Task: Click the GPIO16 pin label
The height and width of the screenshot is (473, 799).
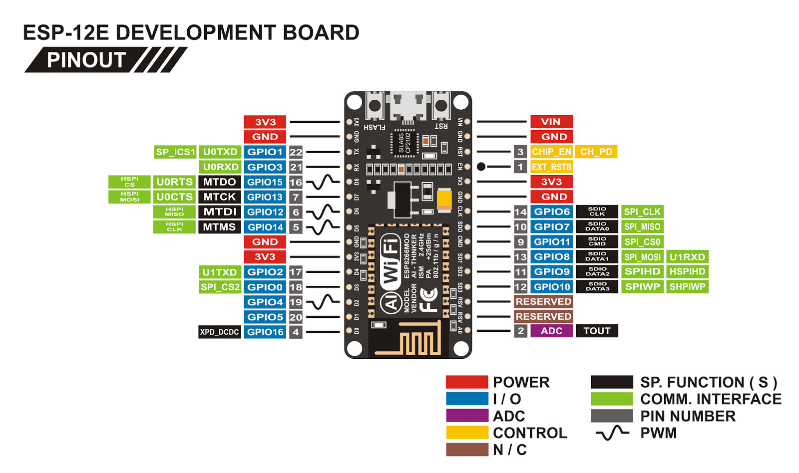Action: (x=265, y=332)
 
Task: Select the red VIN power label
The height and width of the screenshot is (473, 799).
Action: (x=551, y=122)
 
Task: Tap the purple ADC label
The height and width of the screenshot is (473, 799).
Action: (x=551, y=331)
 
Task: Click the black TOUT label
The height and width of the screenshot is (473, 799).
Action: (x=597, y=331)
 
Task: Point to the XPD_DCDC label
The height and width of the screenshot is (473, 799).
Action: (x=219, y=332)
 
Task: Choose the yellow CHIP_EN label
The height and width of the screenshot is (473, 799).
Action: (x=551, y=152)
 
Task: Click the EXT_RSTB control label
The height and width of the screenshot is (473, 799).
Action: (x=551, y=167)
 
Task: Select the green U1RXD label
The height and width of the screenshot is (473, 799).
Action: (x=687, y=257)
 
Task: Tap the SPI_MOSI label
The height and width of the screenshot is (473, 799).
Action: (x=642, y=257)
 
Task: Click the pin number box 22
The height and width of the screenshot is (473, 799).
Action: (x=296, y=152)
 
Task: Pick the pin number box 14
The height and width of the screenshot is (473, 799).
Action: (x=520, y=212)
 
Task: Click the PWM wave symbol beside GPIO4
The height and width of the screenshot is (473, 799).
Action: (x=323, y=302)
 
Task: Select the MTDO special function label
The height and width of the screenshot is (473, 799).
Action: (x=219, y=182)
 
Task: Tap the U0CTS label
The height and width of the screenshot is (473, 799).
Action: (x=174, y=197)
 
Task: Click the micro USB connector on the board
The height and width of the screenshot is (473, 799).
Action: (x=408, y=107)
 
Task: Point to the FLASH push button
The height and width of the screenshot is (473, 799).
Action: (x=375, y=106)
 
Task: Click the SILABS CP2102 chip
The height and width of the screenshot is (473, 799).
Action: (x=404, y=143)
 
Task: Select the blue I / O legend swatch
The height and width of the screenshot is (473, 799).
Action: (x=467, y=399)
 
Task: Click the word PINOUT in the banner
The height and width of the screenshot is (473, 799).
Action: (x=86, y=60)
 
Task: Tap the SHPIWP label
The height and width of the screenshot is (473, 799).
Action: (x=687, y=287)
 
